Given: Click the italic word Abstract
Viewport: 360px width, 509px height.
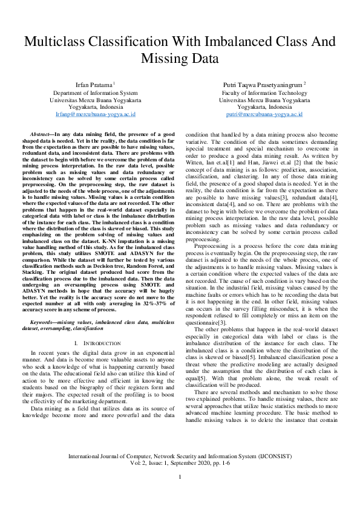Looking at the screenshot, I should [41, 133].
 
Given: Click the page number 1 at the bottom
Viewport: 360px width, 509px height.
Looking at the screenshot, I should [180, 494].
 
